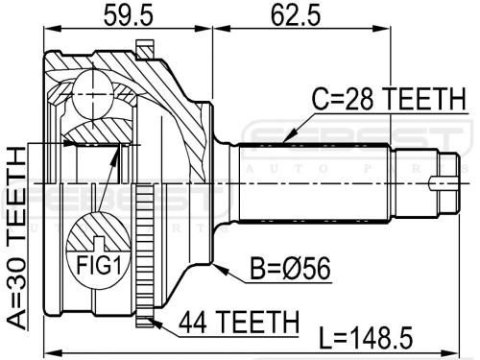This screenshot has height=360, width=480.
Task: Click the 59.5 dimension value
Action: [129, 14]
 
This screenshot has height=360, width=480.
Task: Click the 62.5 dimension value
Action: [296, 14]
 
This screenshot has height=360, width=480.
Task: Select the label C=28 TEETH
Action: [389, 98]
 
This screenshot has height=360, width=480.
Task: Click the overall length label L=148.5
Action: [367, 338]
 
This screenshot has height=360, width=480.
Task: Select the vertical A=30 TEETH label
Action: [16, 238]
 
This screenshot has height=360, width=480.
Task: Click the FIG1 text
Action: [99, 265]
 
